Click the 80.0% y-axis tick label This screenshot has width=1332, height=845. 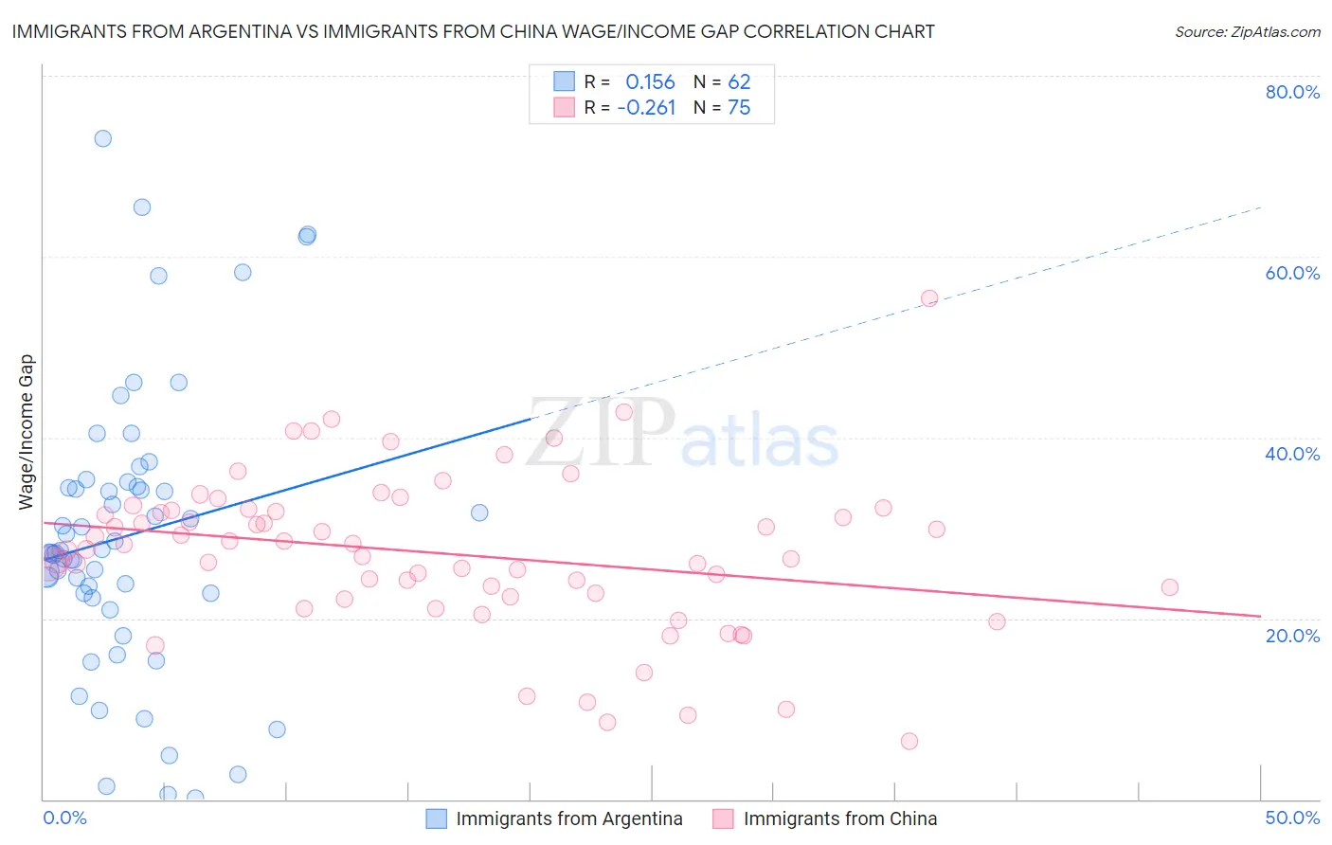pos(1292,92)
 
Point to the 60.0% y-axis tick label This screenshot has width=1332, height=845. pos(1292,273)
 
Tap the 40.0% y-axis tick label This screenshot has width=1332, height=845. pos(1292,454)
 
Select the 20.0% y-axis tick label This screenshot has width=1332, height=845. pos(1292,635)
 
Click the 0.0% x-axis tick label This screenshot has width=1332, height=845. pos(64,818)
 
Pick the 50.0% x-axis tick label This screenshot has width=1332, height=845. pos(1292,818)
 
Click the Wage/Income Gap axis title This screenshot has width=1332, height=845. pos(27,432)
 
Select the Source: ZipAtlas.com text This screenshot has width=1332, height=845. pos(1247,31)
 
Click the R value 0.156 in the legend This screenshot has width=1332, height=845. pos(650,82)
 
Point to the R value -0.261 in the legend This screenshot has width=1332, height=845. pos(646,108)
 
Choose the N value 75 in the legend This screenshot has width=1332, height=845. pos(739,108)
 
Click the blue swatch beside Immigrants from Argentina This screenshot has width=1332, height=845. pos(436,818)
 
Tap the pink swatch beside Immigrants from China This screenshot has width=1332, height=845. pos(723,818)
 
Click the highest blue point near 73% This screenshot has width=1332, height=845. pos(103,138)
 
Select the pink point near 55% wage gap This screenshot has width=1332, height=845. pos(929,298)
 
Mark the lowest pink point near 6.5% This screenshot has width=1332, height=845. pos(909,741)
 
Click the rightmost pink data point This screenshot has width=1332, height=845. pos(1170,587)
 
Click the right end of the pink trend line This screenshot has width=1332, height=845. pos(1260,617)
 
